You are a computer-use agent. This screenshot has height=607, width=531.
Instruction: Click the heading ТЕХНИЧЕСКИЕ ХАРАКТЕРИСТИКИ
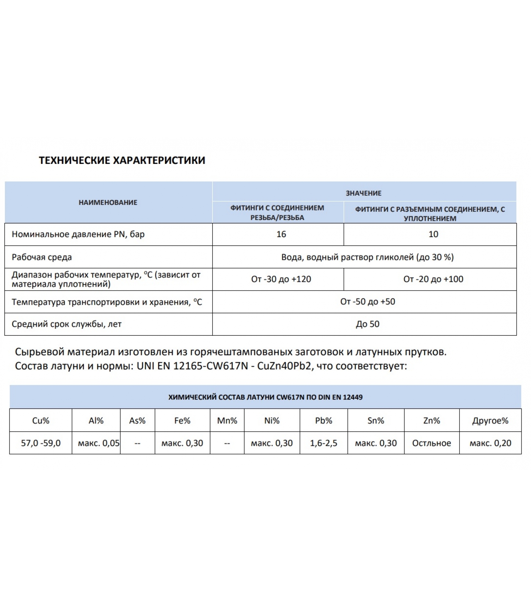122,160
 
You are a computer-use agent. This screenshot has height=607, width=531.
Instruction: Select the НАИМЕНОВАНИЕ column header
108,202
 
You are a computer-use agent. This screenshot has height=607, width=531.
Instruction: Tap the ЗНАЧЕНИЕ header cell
363,193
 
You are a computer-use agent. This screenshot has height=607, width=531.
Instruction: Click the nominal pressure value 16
281,234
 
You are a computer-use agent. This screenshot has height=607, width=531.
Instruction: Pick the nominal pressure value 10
433,234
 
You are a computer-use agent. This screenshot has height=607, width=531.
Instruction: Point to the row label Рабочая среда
42,257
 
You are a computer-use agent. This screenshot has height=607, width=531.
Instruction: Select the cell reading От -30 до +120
281,279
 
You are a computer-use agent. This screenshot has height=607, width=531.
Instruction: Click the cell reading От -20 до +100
433,279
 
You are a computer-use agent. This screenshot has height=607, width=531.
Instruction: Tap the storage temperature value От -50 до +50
368,302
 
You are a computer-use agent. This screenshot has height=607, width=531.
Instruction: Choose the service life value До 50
368,324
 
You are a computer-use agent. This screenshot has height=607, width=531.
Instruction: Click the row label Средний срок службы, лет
67,324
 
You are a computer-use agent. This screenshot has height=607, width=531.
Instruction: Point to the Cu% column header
41,420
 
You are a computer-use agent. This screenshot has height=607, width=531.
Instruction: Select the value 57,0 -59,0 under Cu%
41,443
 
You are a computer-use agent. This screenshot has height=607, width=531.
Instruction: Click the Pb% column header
324,420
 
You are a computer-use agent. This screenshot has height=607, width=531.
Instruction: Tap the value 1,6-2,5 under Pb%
324,443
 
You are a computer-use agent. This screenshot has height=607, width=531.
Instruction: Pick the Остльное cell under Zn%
432,443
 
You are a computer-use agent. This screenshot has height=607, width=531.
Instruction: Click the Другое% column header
490,420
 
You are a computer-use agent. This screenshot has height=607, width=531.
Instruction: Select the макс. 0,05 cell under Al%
99,443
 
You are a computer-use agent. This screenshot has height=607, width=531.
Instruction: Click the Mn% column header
227,420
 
